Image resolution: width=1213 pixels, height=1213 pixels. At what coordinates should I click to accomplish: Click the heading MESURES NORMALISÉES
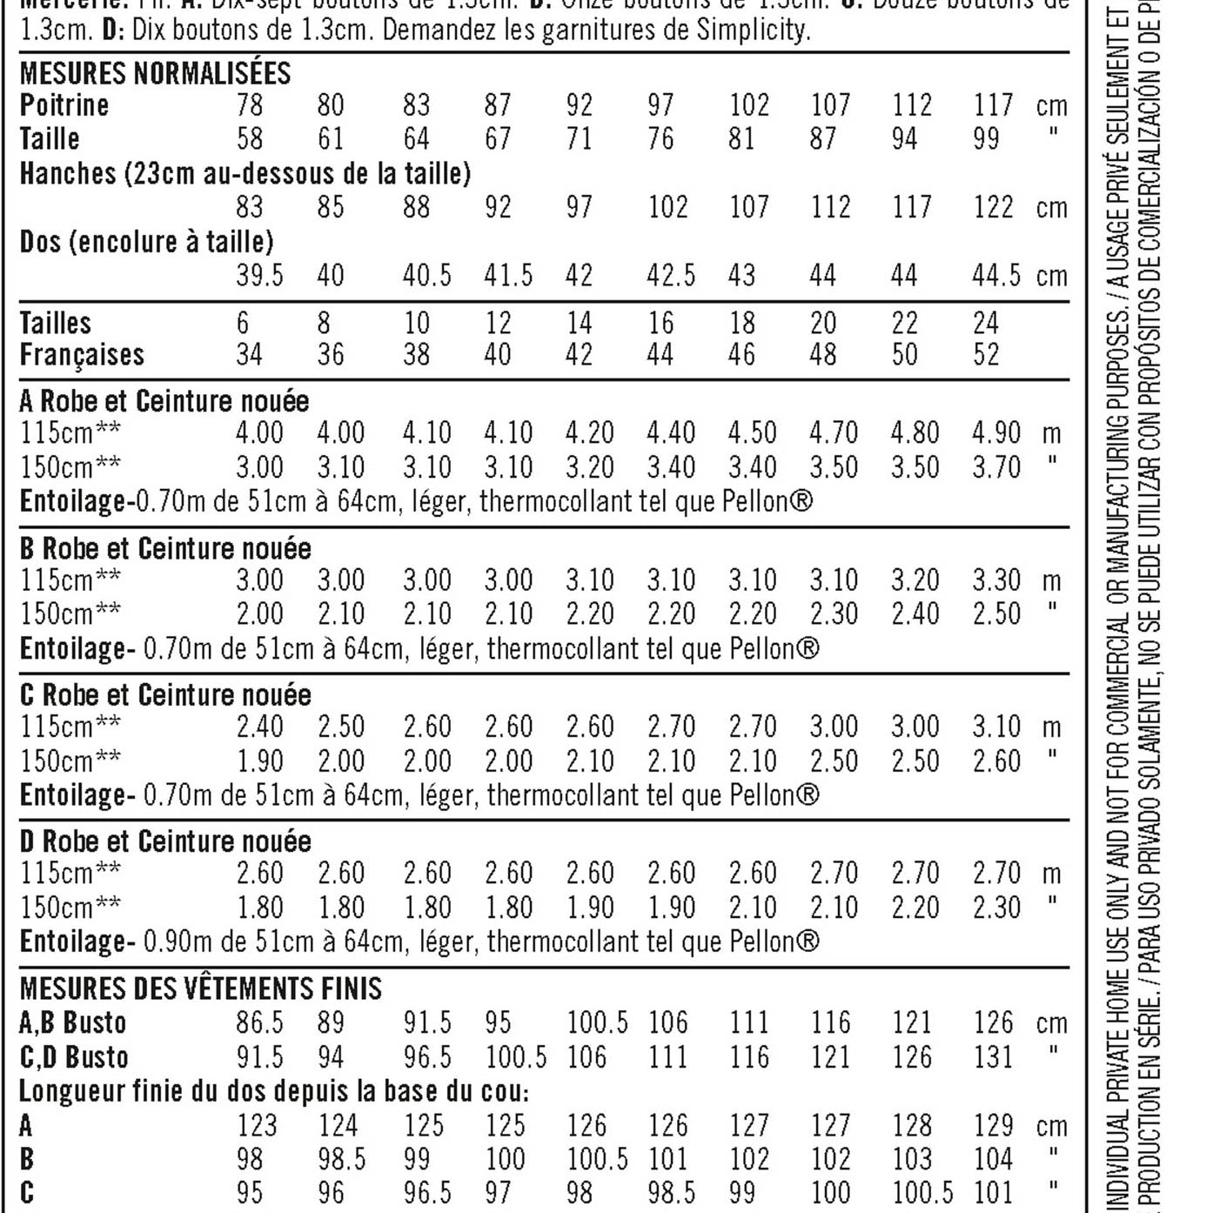pos(155,73)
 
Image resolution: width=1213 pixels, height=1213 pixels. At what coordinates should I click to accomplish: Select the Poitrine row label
pos(64,105)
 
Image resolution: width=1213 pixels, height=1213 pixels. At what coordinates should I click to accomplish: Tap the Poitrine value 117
pos(993,105)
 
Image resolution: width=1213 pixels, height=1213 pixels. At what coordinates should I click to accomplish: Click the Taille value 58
pos(249,138)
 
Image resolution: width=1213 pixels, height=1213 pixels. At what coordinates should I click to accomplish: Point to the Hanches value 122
pos(993,207)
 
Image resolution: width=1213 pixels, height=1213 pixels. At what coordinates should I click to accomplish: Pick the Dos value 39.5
pos(259,276)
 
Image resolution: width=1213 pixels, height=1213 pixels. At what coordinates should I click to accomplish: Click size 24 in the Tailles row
pos(986,323)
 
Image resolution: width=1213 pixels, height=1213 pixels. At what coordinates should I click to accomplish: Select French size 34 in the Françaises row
pos(249,355)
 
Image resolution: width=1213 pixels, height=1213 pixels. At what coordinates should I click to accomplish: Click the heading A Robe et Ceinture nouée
pos(164,401)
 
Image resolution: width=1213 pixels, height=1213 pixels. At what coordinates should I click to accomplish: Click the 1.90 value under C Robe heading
pos(259,761)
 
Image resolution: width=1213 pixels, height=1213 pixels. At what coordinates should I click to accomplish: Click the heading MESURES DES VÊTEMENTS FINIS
pos(201,988)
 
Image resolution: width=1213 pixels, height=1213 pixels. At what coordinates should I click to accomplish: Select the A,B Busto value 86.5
pos(259,1022)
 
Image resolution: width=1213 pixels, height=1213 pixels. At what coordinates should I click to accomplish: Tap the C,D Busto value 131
pos(993,1057)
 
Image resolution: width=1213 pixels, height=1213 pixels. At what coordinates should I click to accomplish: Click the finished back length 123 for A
pos(257,1125)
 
